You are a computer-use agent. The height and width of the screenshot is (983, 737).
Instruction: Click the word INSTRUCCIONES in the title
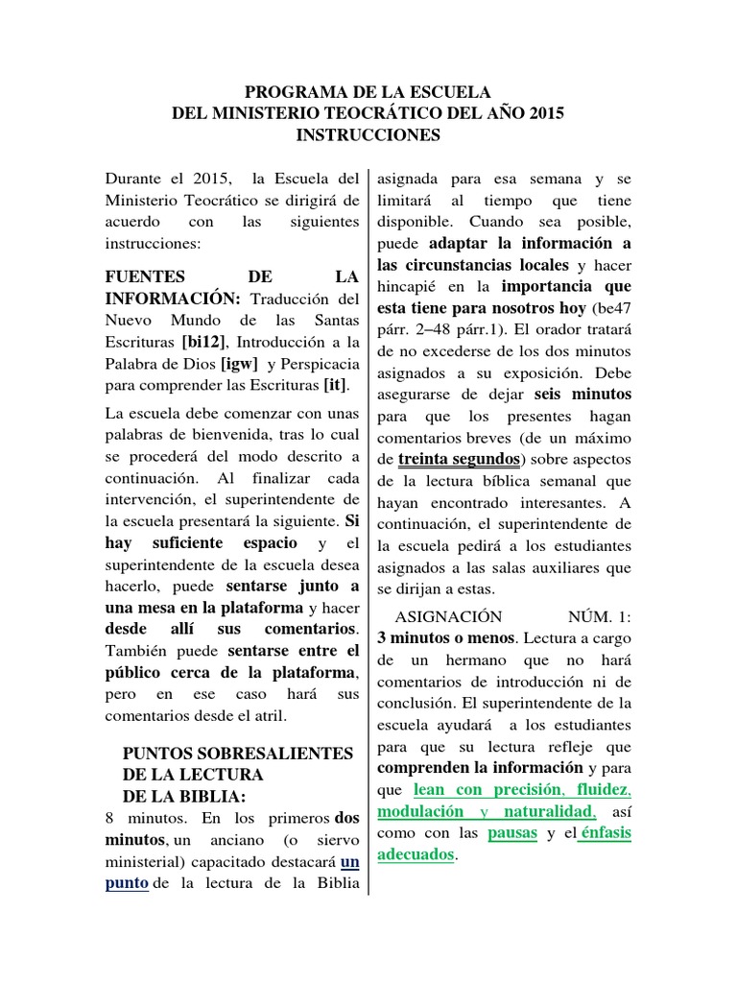coord(368,135)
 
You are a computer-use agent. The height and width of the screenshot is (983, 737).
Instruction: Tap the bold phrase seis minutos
coord(584,395)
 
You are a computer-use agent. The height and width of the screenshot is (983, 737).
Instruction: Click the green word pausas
coord(512,832)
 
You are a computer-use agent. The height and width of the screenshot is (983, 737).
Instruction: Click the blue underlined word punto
coord(127,883)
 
